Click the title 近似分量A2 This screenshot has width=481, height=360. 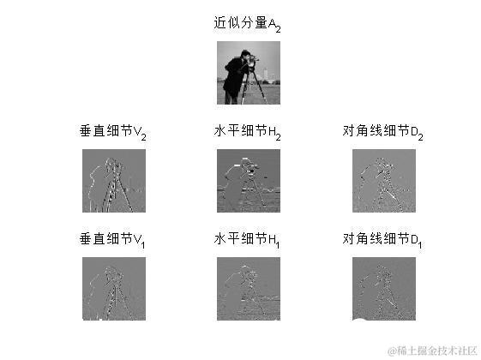247,24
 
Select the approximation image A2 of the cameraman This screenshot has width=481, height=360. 248,72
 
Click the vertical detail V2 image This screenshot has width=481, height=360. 113,180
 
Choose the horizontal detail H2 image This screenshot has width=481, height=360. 248,180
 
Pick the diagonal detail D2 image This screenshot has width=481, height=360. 383,180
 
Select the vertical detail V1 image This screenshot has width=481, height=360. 113,288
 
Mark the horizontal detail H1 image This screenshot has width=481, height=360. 248,288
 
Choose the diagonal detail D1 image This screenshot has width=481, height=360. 383,288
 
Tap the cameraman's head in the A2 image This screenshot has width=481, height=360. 244,57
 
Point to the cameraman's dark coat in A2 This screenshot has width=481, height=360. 235,81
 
